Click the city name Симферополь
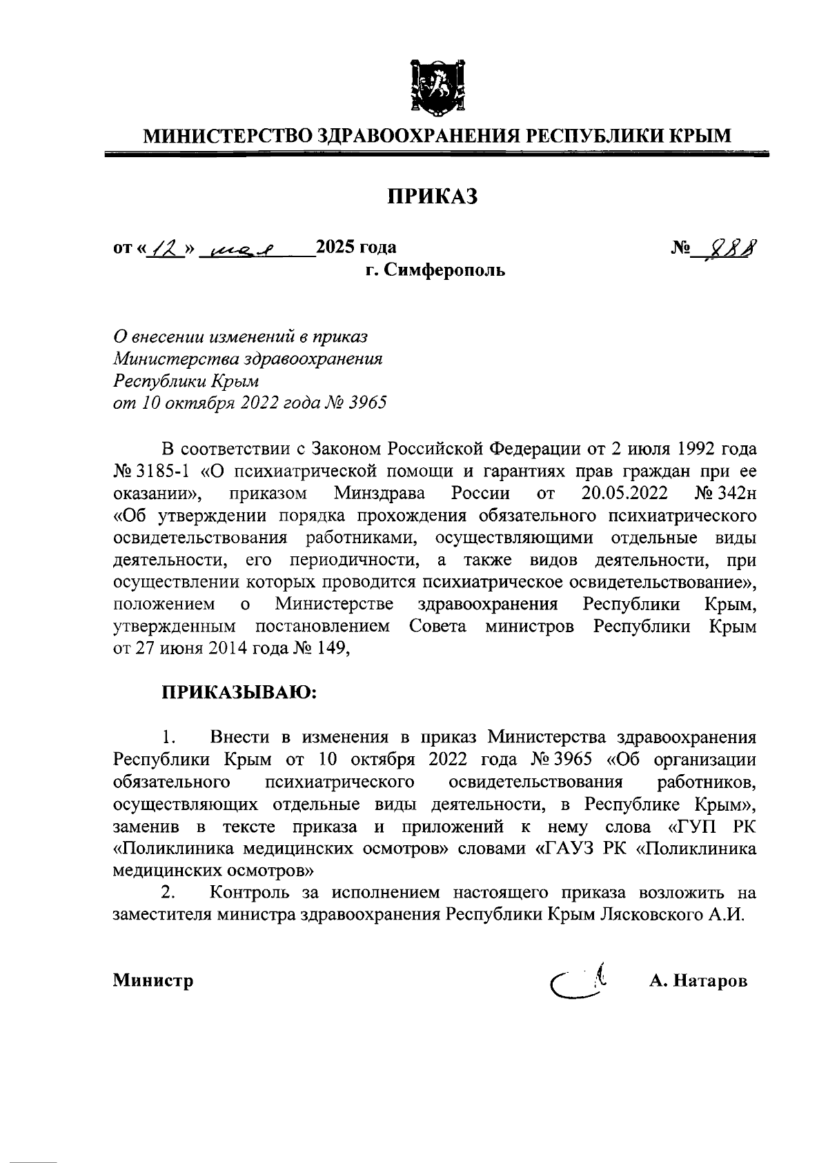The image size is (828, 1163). [445, 270]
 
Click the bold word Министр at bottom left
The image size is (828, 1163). [153, 980]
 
